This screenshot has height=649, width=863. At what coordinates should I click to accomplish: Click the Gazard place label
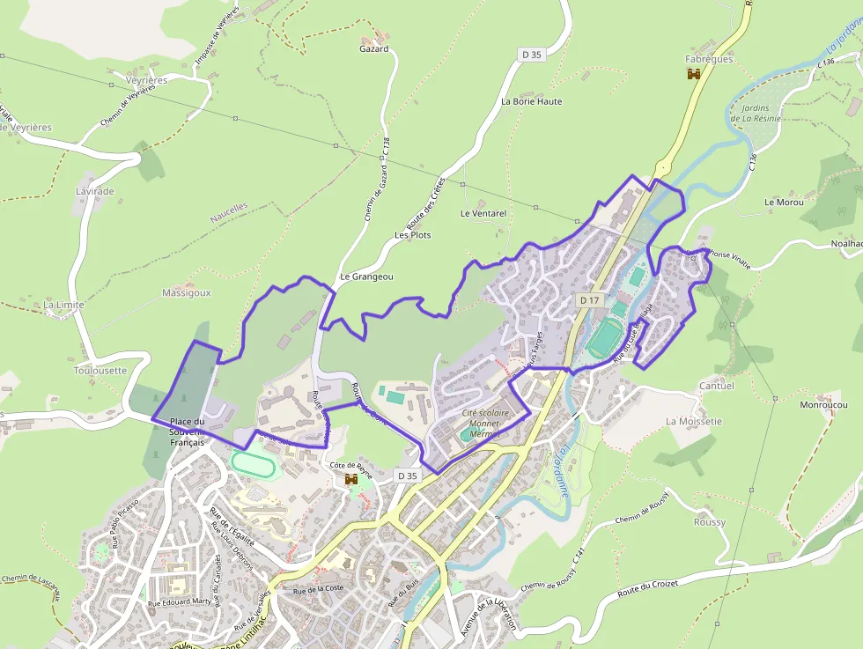pyautogui.click(x=373, y=49)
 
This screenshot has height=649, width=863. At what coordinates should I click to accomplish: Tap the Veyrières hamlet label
pyautogui.click(x=146, y=80)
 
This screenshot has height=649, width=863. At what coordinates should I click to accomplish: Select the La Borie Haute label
pyautogui.click(x=531, y=101)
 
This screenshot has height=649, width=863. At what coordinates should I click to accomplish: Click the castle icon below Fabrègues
pyautogui.click(x=694, y=75)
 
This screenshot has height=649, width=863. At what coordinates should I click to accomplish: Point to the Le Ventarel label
pyautogui.click(x=483, y=213)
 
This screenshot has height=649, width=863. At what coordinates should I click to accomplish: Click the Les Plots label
pyautogui.click(x=413, y=235)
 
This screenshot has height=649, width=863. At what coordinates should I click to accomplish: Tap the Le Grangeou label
pyautogui.click(x=366, y=277)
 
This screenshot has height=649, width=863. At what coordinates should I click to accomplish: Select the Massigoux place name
pyautogui.click(x=187, y=293)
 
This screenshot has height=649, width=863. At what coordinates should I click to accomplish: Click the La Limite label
pyautogui.click(x=64, y=305)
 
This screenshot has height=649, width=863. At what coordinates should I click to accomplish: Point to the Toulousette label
pyautogui.click(x=100, y=371)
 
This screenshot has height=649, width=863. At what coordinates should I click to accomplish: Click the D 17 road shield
pyautogui.click(x=589, y=300)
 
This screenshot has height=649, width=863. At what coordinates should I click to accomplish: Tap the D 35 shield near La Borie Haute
pyautogui.click(x=531, y=55)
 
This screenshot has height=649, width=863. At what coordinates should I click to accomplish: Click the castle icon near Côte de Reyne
pyautogui.click(x=351, y=479)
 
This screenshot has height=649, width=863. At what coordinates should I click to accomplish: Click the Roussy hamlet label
pyautogui.click(x=710, y=522)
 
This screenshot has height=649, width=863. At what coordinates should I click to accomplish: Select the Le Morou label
pyautogui.click(x=784, y=203)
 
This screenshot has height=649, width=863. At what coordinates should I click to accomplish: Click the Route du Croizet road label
pyautogui.click(x=651, y=588)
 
